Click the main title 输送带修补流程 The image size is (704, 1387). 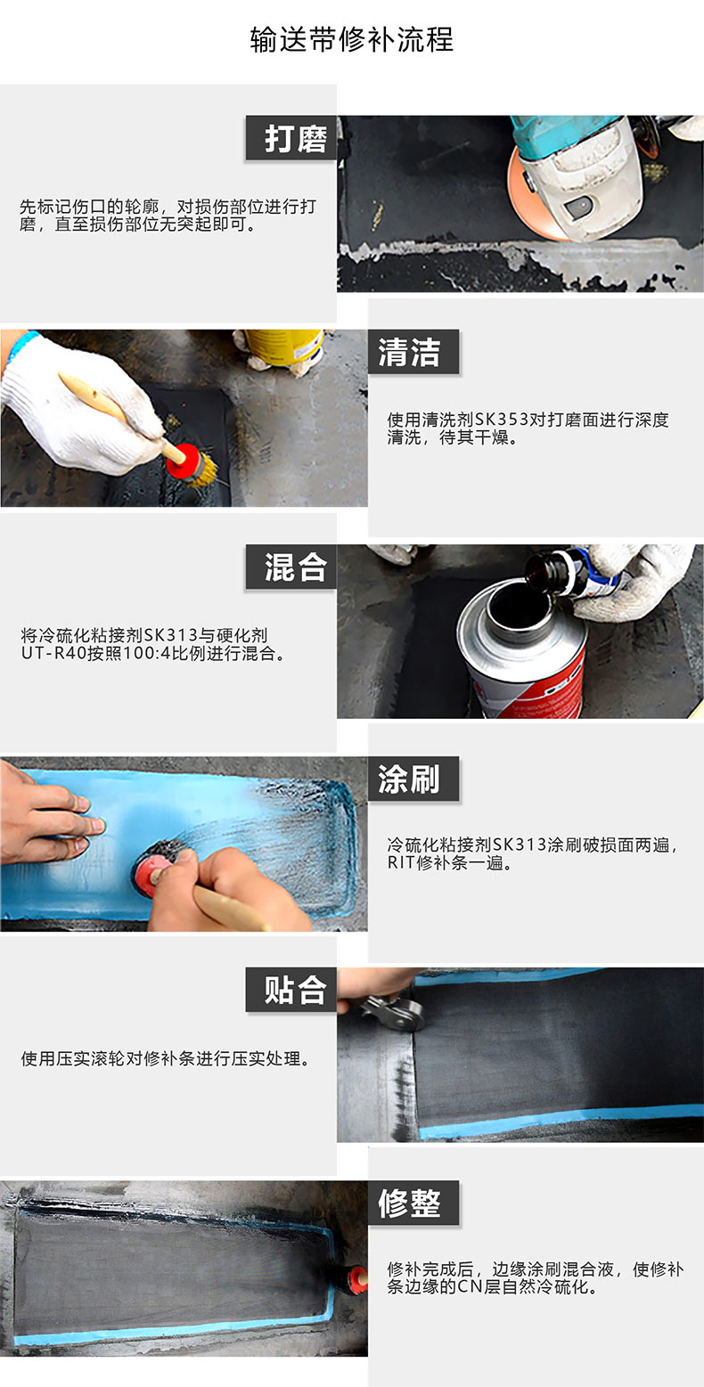click(x=352, y=39)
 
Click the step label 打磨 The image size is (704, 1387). click(x=295, y=138)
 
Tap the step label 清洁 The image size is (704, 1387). click(x=409, y=352)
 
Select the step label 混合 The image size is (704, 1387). click(x=295, y=567)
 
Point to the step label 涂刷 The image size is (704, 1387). click(x=409, y=779)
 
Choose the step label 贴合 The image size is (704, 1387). click(x=295, y=990)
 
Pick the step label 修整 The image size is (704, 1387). click(x=409, y=1203)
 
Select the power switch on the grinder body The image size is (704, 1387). click(x=580, y=207)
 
